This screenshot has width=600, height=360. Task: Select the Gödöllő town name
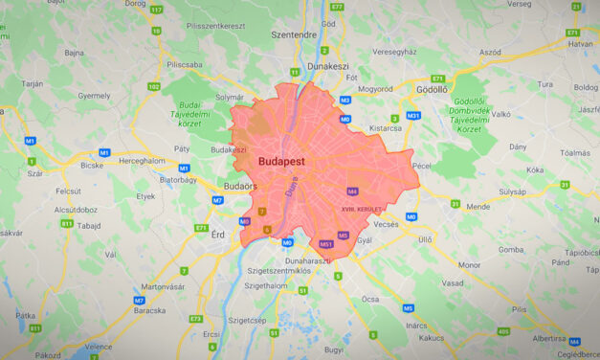tap(433, 89)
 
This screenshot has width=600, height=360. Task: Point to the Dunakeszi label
tap(329, 68)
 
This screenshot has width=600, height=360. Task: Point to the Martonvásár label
tap(163, 286)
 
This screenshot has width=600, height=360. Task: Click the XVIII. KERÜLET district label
tap(362, 208)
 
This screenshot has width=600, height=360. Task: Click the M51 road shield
tap(326, 244)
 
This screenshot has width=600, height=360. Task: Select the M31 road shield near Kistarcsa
tap(413, 116)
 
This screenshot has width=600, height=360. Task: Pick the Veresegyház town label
tap(394, 51)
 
